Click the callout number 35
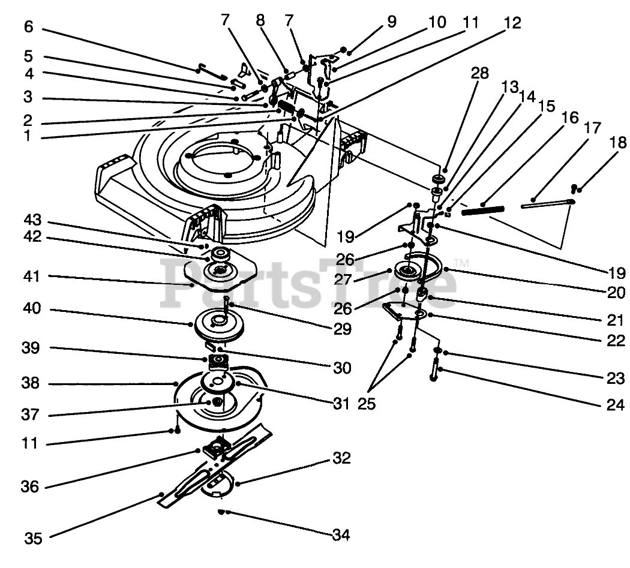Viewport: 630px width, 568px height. coord(34,539)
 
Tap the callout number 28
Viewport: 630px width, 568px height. coord(479,74)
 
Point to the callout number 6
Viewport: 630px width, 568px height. coord(28,26)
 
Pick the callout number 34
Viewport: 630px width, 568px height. coord(341,534)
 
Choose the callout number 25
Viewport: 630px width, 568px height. coord(367,404)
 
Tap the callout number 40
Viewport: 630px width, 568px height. coord(33,310)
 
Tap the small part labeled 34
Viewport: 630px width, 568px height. coord(221,512)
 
